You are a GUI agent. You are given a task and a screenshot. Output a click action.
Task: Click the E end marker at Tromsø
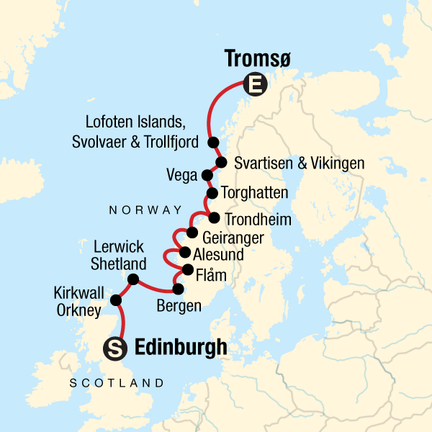[x=254, y=86]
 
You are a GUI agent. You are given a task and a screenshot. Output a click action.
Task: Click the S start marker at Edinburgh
[x=116, y=348]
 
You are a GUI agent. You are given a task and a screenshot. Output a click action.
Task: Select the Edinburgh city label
[x=181, y=348]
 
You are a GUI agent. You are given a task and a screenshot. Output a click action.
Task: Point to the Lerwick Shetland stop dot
[x=132, y=279]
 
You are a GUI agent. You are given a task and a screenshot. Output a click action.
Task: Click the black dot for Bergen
[x=179, y=290]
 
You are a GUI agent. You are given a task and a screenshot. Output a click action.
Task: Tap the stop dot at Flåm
[x=188, y=271]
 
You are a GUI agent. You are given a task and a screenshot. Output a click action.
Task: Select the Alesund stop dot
[x=184, y=253]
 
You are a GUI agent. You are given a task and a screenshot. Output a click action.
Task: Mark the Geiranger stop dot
[x=192, y=232]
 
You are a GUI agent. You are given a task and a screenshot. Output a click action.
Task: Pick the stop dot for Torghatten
[x=212, y=193]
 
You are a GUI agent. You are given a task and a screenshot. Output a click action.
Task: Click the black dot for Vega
[x=207, y=175]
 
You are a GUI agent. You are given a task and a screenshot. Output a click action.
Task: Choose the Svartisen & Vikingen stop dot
[x=221, y=162]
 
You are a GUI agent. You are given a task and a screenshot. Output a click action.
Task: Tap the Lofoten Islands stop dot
[x=213, y=142]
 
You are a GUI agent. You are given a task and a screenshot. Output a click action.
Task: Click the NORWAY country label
[x=145, y=210]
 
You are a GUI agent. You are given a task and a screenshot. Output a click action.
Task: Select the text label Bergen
[x=179, y=307]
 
